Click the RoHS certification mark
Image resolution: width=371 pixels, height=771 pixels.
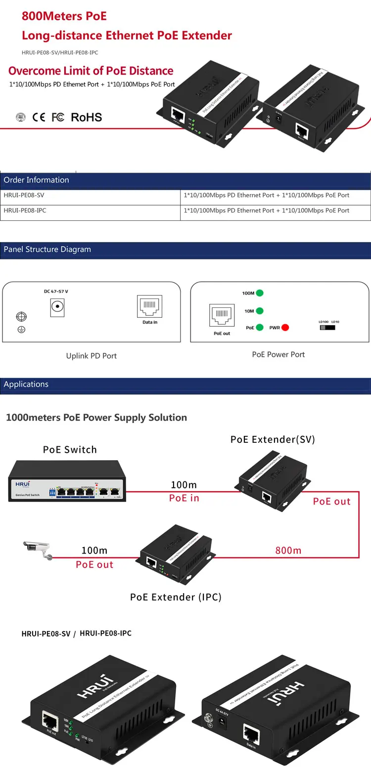pyautogui.click(x=86, y=117)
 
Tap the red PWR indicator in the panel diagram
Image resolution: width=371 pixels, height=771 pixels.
pyautogui.click(x=285, y=327)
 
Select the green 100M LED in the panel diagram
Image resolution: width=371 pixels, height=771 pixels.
pyautogui.click(x=259, y=293)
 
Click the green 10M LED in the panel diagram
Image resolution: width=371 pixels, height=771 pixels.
pyautogui.click(x=259, y=311)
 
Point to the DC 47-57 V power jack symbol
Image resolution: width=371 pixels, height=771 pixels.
pyautogui.click(x=58, y=308)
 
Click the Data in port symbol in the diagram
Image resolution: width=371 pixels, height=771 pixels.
pyautogui.click(x=149, y=307)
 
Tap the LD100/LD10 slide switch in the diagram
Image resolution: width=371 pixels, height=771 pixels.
pyautogui.click(x=327, y=327)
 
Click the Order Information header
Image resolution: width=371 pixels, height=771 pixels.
pyautogui.click(x=36, y=180)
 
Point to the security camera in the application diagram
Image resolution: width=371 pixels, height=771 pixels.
pyautogui.click(x=38, y=549)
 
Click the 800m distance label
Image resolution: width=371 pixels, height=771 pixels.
pyautogui.click(x=288, y=550)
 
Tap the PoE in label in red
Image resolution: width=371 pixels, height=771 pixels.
pyautogui.click(x=184, y=498)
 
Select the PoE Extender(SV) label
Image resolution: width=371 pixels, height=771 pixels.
pyautogui.click(x=273, y=439)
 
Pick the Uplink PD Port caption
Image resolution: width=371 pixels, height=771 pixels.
pyautogui.click(x=91, y=356)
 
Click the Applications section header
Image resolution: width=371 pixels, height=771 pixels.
pyautogui.click(x=26, y=385)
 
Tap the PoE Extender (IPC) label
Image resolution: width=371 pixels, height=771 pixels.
pyautogui.click(x=176, y=597)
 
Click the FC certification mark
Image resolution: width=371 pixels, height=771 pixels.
pyautogui.click(x=58, y=117)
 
